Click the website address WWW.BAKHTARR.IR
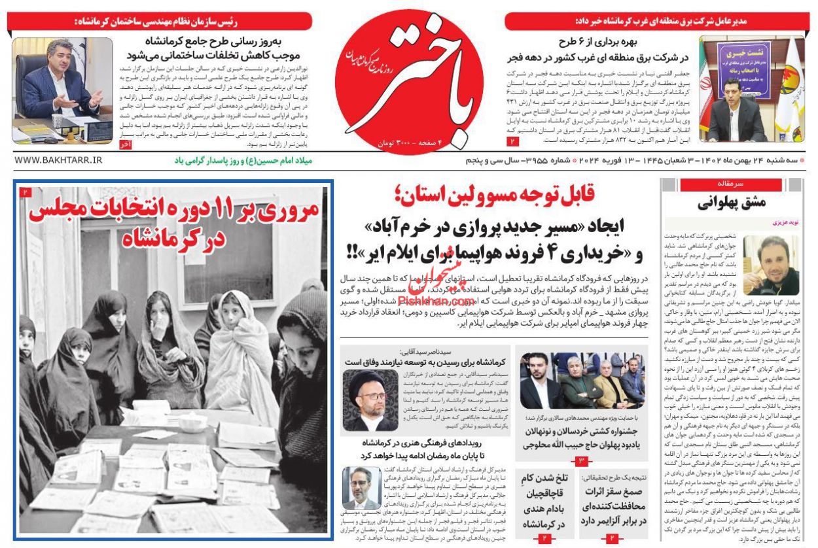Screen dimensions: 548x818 click(58, 160)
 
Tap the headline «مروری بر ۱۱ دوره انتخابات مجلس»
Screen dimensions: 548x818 click(173, 222)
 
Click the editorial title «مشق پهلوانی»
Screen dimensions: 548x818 click(731, 202)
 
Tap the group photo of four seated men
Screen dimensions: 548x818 click(581, 381)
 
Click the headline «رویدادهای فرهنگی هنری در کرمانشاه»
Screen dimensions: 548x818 click(426, 442)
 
